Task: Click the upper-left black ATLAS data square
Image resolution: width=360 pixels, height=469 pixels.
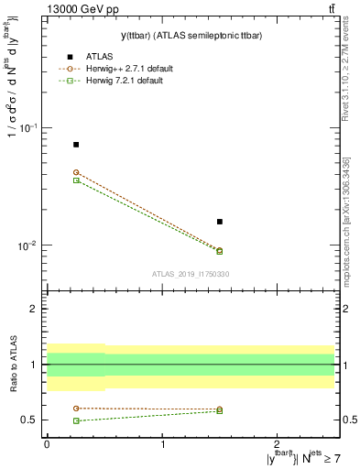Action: point(76,145)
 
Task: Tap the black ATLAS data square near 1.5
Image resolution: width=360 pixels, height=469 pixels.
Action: point(220,222)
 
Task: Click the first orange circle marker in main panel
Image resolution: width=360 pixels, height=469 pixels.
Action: point(76,172)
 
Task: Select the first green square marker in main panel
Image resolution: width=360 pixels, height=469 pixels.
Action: point(76,180)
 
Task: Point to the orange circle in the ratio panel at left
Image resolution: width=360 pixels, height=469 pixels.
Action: point(76,408)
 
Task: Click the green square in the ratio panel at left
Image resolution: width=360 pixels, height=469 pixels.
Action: point(76,420)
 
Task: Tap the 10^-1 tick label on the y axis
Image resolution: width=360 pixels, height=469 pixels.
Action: point(31,128)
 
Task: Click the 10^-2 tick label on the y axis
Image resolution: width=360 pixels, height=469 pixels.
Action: point(31,246)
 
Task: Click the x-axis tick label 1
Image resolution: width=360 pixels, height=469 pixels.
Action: point(163,442)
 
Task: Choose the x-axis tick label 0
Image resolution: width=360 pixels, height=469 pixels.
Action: point(47,442)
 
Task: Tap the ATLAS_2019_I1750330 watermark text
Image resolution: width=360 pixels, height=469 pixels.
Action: point(191,274)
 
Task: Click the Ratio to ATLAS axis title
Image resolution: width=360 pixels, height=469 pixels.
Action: point(12,364)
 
